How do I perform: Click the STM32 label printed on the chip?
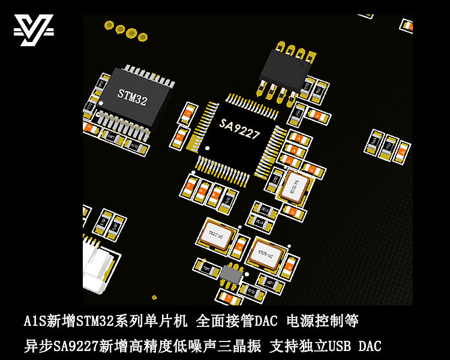[132, 95]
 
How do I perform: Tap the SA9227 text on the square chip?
[239, 128]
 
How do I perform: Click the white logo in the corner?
[34, 30]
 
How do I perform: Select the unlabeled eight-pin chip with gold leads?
[283, 70]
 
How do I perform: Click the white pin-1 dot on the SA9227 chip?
[208, 147]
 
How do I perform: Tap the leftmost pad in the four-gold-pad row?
[109, 25]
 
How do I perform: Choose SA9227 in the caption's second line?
[76, 346]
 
